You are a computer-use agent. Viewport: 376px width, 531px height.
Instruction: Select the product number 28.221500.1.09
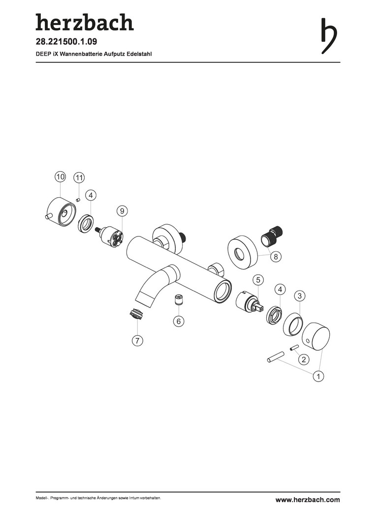66,42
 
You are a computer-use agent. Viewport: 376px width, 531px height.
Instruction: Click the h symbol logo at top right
329,36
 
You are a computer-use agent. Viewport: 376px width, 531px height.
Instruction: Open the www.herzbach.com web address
308,500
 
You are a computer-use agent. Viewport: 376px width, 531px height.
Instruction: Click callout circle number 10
61,177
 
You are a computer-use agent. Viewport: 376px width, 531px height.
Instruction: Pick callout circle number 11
79,177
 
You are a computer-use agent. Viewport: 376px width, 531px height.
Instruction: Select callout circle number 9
122,211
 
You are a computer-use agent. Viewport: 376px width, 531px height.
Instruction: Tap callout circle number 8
276,257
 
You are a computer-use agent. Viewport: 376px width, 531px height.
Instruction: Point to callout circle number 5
258,280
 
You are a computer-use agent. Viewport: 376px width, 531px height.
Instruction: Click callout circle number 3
299,295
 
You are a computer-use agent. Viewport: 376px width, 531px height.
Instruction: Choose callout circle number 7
137,341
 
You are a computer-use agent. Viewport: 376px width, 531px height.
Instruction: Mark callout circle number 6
179,321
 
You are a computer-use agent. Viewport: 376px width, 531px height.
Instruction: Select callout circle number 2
304,359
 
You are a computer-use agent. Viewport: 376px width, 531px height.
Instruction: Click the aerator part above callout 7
137,314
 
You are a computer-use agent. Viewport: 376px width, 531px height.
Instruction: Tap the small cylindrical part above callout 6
179,300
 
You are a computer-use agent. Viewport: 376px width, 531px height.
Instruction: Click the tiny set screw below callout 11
77,200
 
